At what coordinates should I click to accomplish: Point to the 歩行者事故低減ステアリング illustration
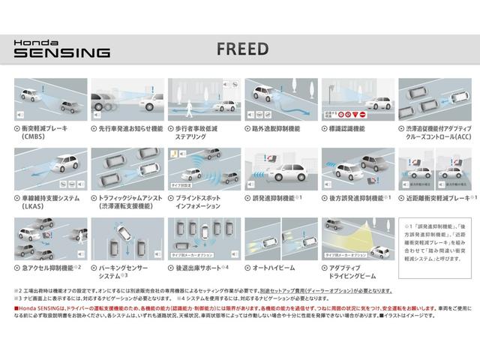click(x=202, y=101)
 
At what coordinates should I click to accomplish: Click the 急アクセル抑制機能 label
click(x=49, y=266)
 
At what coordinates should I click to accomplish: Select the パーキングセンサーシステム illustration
click(x=125, y=237)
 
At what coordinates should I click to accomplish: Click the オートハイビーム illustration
click(x=278, y=237)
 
